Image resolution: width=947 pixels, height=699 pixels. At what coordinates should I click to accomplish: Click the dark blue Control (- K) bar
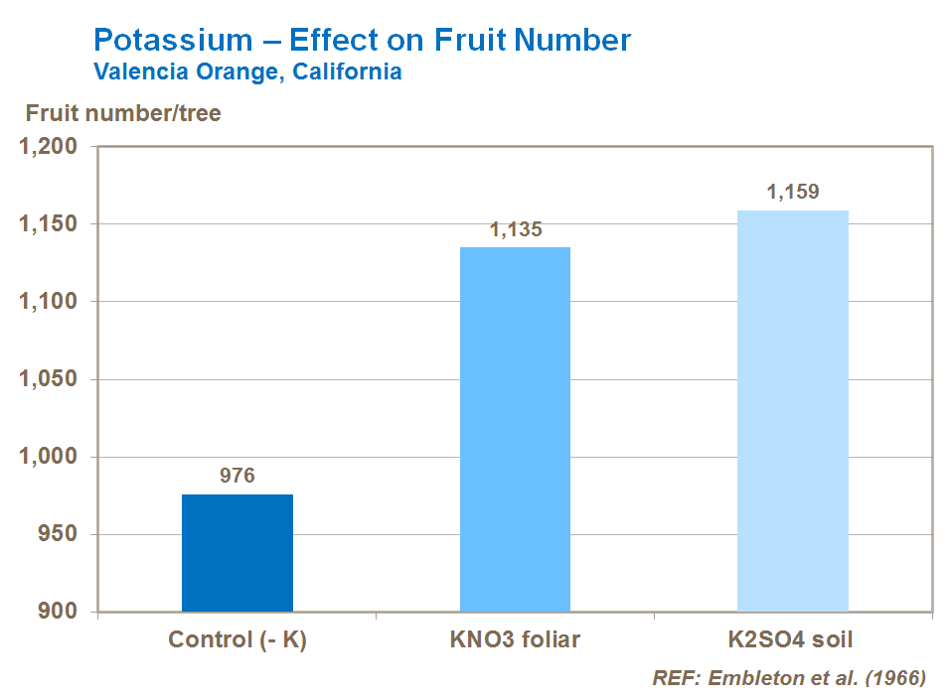point(237,552)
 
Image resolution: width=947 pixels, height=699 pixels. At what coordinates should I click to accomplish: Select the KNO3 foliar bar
point(515,429)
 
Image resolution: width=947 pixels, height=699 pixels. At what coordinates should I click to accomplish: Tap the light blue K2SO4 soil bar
point(792,410)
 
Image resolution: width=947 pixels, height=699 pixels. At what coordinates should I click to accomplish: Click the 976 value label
point(237,476)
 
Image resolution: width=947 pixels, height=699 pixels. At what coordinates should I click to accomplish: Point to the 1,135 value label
point(515,230)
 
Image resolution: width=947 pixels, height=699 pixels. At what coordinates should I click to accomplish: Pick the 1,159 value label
point(792,193)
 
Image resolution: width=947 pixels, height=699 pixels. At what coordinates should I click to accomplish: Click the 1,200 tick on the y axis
point(49,147)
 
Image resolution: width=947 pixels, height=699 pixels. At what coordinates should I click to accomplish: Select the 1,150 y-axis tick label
point(49,224)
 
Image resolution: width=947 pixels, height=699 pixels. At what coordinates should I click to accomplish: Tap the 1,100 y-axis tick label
point(49,302)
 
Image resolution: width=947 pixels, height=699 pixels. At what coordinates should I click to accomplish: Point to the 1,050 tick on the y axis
point(49,379)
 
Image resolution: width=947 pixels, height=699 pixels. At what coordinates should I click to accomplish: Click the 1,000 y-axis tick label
point(49,457)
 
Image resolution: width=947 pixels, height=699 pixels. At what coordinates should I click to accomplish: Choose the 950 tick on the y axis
point(58,534)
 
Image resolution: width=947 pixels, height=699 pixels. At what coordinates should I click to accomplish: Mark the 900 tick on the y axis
point(58,612)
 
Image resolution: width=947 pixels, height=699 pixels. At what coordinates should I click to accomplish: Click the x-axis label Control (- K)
point(237,639)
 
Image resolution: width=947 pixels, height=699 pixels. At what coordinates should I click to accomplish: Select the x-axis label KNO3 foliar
point(515,639)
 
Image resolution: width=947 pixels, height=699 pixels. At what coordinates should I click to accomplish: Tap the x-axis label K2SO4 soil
point(792,639)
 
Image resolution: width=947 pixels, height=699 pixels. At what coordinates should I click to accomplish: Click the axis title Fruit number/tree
point(123,113)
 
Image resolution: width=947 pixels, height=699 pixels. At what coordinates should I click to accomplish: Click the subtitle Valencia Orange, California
point(247,72)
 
